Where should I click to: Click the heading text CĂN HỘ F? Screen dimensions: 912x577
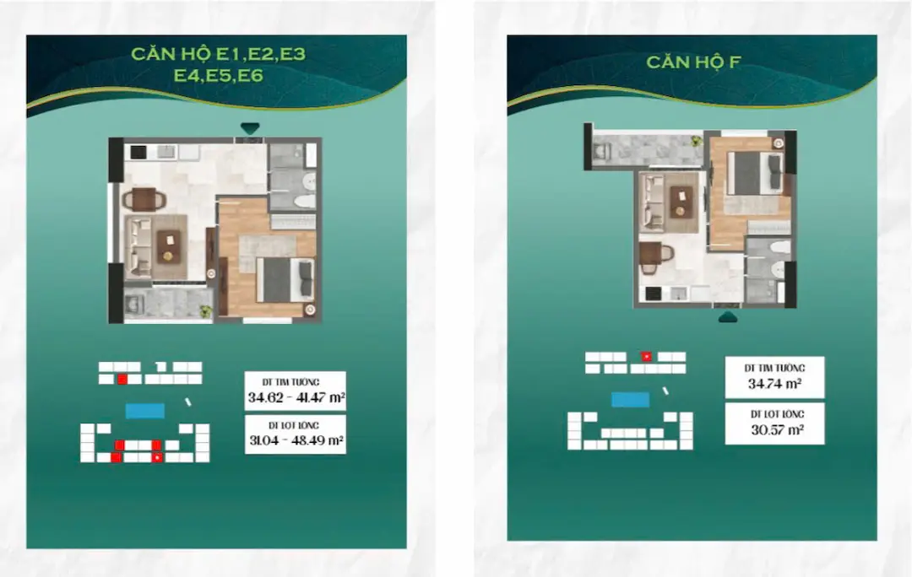pos(693,62)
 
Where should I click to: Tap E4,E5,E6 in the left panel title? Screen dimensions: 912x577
pos(219,76)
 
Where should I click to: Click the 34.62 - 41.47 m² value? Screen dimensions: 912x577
pos(296,398)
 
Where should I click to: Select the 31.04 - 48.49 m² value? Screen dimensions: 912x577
pos(296,439)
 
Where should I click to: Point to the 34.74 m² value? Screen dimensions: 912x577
pos(774,384)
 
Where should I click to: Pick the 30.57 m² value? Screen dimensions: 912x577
pos(777,430)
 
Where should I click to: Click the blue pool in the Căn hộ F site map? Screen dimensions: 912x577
pos(631,399)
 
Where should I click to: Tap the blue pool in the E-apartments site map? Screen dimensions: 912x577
pos(145,412)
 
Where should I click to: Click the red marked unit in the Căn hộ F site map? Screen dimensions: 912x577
pos(646,357)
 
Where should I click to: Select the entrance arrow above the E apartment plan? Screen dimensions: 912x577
pos(250,128)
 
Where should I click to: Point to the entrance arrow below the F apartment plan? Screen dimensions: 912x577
pos(728,316)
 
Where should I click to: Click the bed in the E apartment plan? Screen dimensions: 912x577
pos(285,279)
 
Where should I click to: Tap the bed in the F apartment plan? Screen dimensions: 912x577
pos(755,173)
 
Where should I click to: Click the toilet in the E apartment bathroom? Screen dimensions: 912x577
pos(305,202)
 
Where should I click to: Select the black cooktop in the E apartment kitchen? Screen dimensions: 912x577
pos(138,152)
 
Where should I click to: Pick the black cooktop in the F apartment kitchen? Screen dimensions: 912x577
pos(653,294)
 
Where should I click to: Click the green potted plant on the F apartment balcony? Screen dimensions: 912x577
pos(696,140)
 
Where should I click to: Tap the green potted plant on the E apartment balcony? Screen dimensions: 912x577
pos(205,311)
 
